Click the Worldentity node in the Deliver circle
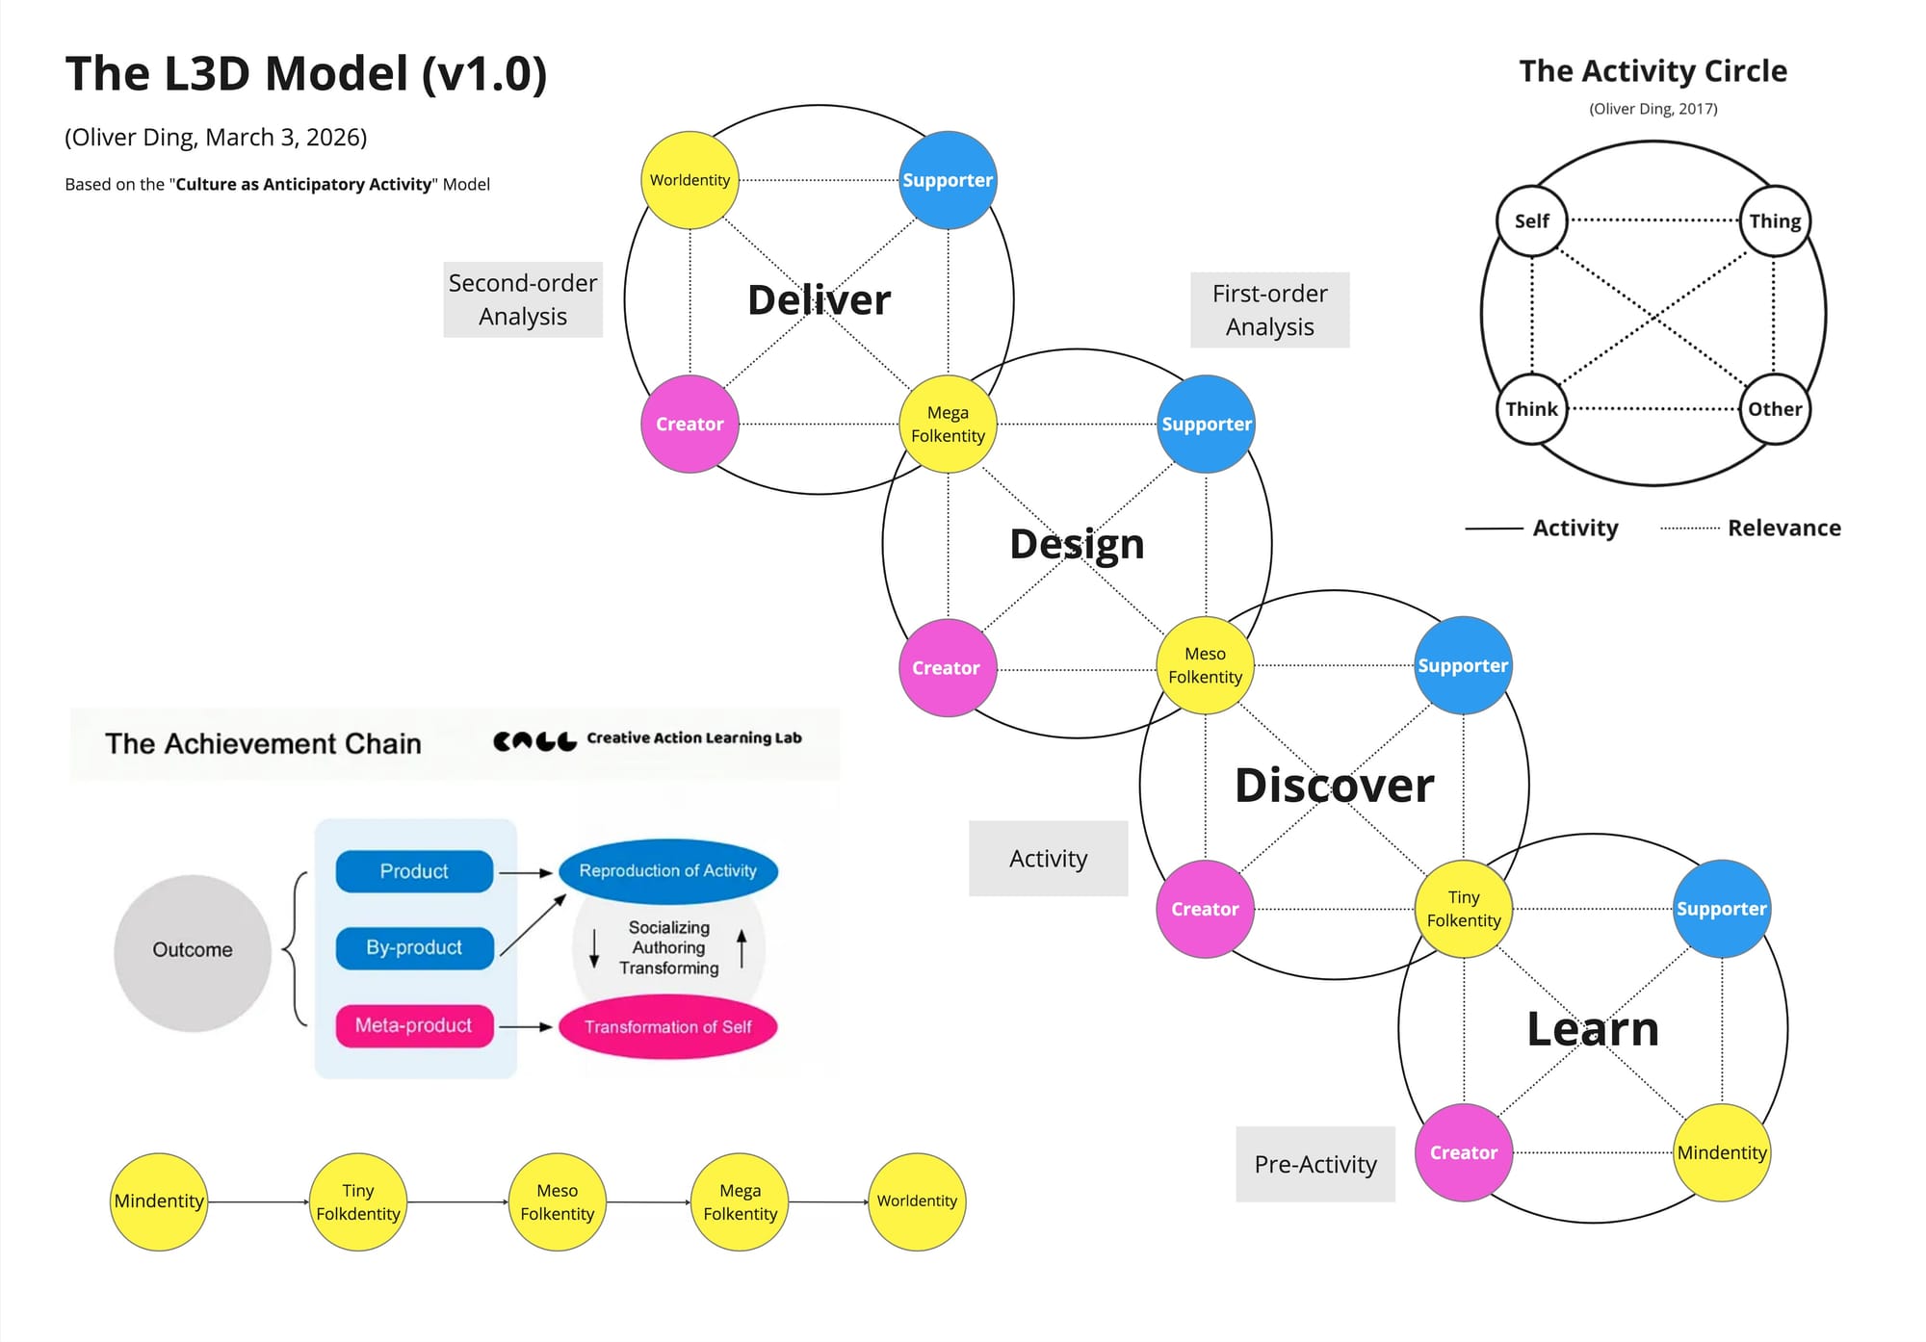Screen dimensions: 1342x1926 point(690,180)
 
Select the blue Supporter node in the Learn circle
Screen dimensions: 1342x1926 point(1721,909)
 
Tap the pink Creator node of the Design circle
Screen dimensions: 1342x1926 point(947,668)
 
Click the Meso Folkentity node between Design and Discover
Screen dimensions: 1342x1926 point(1205,665)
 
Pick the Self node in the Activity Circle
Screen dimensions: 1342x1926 point(1531,220)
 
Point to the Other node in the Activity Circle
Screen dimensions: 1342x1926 point(1775,409)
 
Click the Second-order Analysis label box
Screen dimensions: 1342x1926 point(523,299)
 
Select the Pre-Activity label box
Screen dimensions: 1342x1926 point(1315,1164)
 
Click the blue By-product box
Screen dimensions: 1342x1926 point(414,947)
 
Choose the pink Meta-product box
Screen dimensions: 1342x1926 point(414,1025)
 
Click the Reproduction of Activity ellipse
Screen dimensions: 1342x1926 point(667,870)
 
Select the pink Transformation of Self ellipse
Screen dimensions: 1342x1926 point(667,1027)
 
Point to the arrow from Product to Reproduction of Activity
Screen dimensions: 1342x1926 point(526,872)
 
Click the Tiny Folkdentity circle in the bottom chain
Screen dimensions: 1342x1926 point(357,1201)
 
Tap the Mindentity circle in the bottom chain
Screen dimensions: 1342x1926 point(159,1201)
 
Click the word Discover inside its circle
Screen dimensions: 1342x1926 point(1334,786)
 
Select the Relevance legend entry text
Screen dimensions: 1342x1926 point(1783,528)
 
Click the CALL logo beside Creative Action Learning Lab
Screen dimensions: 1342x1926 point(534,740)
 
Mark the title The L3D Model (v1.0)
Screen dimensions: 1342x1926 point(306,74)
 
